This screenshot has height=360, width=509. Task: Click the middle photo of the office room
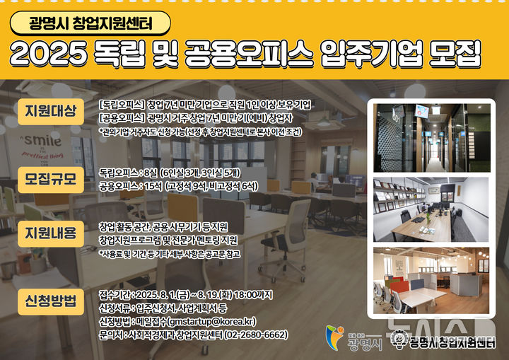(431, 209)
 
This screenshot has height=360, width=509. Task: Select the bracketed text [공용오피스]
(123, 117)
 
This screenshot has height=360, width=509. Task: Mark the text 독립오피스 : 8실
(128, 172)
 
